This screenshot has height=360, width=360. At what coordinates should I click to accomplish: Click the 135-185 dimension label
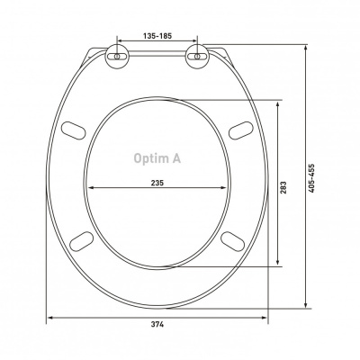pyautogui.click(x=157, y=36)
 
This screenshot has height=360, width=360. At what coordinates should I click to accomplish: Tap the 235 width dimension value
pyautogui.click(x=157, y=183)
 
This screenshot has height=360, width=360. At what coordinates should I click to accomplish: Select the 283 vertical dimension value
pyautogui.click(x=283, y=187)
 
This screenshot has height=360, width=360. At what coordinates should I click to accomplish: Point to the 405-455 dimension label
pyautogui.click(x=311, y=178)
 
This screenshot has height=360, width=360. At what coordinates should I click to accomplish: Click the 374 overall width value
pyautogui.click(x=157, y=324)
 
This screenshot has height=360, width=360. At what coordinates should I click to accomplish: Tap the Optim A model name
pyautogui.click(x=157, y=158)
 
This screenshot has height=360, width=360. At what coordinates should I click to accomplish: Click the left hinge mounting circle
pyautogui.click(x=117, y=56)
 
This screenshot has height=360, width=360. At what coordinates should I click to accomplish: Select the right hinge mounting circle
pyautogui.click(x=197, y=56)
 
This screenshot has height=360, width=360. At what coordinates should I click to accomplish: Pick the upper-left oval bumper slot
pyautogui.click(x=74, y=130)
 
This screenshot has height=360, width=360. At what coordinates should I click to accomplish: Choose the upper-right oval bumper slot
pyautogui.click(x=241, y=130)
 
